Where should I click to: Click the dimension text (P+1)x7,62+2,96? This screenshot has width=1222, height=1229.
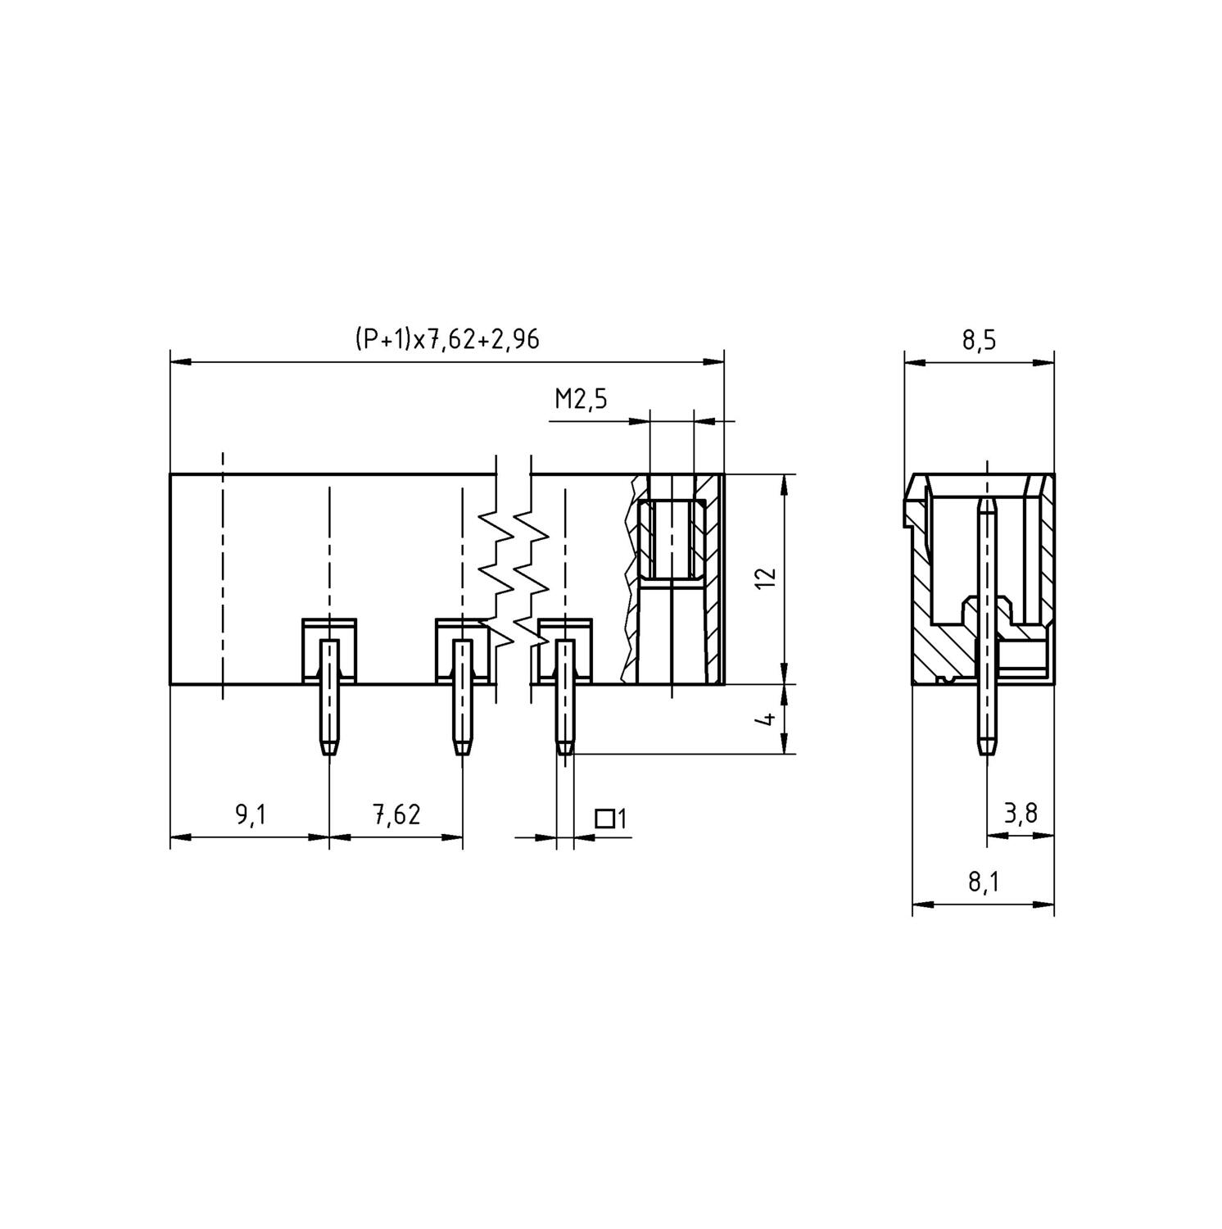point(447,338)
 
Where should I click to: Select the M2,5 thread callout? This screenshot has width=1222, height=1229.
point(581,400)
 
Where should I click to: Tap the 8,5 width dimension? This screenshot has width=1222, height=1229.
point(979,341)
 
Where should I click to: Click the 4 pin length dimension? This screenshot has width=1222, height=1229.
point(767,719)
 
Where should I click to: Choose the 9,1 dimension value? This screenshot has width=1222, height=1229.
point(251,815)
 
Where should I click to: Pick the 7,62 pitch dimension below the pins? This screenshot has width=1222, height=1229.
point(396,815)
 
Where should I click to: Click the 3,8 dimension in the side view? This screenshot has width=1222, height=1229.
point(1021,814)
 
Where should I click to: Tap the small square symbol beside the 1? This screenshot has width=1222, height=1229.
point(604,818)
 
